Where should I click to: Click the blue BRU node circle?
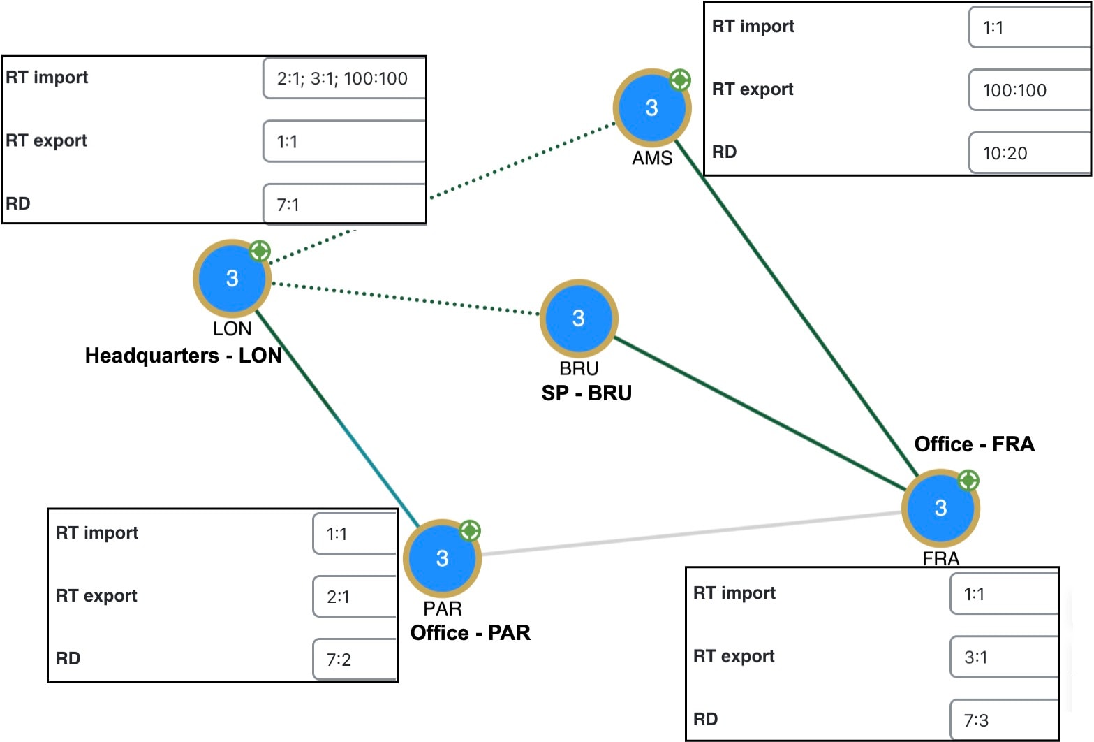[579, 318]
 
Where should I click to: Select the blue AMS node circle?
[652, 108]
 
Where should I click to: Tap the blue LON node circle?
[232, 278]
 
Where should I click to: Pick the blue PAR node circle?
[443, 558]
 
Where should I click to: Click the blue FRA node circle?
[940, 508]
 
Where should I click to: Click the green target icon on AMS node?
[680, 80]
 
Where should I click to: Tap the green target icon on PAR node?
[470, 530]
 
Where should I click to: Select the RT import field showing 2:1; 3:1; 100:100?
[344, 78]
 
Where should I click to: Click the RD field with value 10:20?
[1030, 153]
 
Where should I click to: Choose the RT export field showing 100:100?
[1030, 90]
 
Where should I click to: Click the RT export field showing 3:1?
[1005, 657]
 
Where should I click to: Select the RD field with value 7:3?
[1005, 720]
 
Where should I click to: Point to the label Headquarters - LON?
[183, 356]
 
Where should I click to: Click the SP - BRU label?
[586, 393]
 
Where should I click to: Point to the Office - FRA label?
[975, 444]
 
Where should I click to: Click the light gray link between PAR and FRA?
[692, 533]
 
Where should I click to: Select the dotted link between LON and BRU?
[406, 298]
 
